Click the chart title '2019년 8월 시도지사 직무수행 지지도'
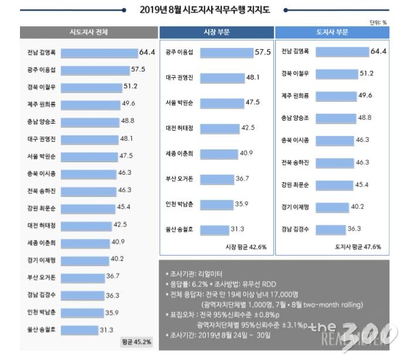click(202, 9)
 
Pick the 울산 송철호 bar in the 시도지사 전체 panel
click(79, 330)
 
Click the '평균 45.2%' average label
click(136, 341)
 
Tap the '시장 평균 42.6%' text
click(246, 247)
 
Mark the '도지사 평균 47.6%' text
click(358, 247)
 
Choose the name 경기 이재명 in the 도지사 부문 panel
click(296, 206)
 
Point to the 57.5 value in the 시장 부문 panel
click(262, 52)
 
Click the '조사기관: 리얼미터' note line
click(194, 274)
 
